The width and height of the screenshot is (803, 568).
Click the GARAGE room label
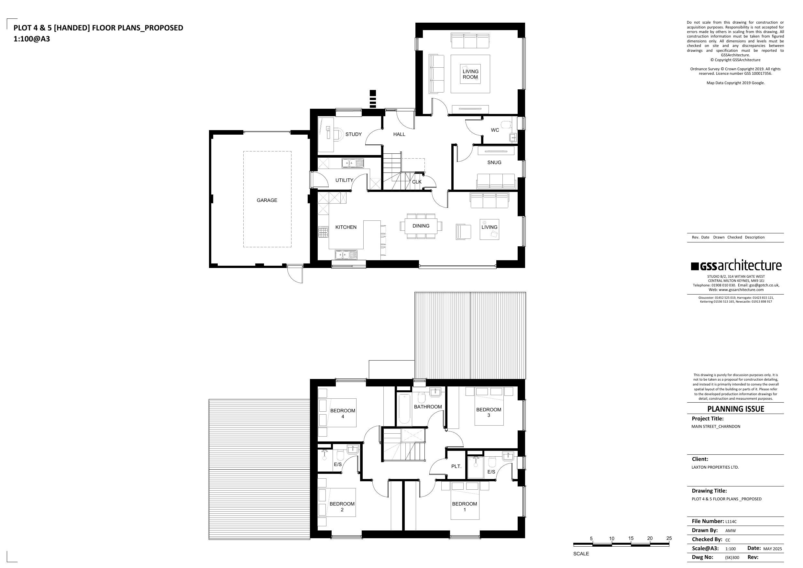(267, 200)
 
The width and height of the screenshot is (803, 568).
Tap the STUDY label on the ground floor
(353, 134)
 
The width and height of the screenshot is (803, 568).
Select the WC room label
(495, 130)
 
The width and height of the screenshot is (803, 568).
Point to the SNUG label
(494, 162)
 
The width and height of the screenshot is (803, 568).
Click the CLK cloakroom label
(416, 182)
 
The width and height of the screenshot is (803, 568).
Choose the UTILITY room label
(344, 180)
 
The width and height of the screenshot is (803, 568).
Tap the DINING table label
(421, 226)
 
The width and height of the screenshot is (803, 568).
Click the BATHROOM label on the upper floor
(428, 407)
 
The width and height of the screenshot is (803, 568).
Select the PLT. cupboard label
(456, 466)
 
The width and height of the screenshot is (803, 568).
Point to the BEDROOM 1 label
(465, 507)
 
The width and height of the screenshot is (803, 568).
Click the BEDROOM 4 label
(343, 413)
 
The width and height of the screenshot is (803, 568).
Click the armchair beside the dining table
(463, 232)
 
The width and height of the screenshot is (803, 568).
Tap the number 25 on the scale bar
(669, 538)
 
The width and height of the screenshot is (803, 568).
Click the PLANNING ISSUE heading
(735, 409)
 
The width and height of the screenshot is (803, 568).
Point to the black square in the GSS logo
(695, 266)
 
